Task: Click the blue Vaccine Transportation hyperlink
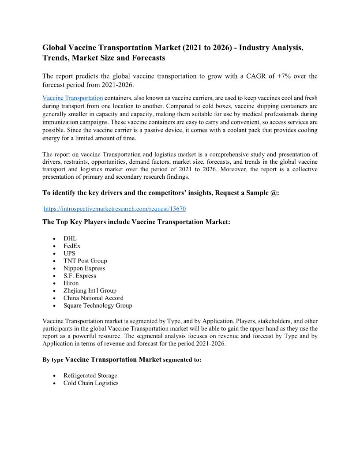[x=73, y=98]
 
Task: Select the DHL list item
[x=70, y=238]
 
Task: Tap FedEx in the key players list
[x=72, y=246]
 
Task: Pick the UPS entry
[x=69, y=253]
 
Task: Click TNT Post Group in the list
[x=85, y=261]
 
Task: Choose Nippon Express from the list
[x=84, y=268]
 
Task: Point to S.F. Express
[x=79, y=276]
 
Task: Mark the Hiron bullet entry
[x=71, y=283]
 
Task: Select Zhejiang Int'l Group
[x=90, y=291]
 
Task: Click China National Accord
[x=94, y=298]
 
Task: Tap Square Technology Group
[x=97, y=305]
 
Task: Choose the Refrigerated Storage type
[x=90, y=376]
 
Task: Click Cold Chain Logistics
[x=91, y=383]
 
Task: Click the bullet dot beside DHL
[x=54, y=239]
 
